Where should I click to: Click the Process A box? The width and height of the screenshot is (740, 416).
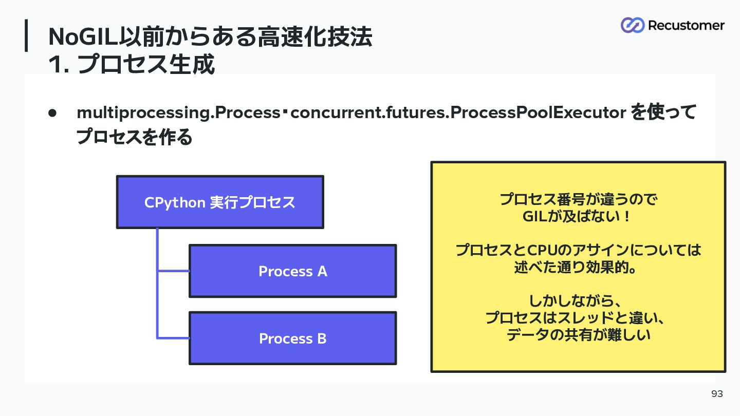pos(293,271)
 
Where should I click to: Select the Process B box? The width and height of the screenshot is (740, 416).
pos(293,338)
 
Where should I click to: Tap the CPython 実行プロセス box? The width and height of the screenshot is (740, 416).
pos(220,202)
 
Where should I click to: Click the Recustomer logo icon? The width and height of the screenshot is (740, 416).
pos(632,25)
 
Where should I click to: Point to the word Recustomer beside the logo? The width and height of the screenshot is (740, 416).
pos(686,26)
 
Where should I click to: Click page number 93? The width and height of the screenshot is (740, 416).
pos(717,393)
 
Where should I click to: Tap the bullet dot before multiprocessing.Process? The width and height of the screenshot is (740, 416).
pos(52,113)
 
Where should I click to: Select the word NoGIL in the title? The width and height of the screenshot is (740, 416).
pos(83,36)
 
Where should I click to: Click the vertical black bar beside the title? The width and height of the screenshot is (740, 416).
pos(26,35)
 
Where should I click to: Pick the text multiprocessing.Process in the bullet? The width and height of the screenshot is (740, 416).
pos(178,113)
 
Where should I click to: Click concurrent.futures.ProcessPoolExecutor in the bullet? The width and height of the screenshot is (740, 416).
pos(458,112)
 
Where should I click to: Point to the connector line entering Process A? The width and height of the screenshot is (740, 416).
pos(174,271)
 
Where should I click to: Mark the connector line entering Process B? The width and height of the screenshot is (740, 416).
pos(174,338)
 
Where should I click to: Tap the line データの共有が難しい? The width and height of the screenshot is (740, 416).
pos(579,335)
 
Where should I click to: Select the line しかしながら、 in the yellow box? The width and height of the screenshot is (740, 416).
pos(576,301)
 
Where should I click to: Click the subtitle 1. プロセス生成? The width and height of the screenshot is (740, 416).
pos(132,64)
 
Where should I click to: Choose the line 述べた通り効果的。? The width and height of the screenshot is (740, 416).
pos(575,267)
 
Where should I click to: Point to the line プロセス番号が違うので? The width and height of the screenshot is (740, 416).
pos(579,199)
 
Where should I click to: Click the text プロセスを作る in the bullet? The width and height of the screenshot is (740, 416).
pos(134,137)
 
